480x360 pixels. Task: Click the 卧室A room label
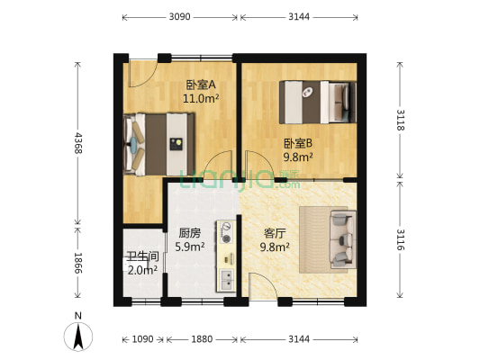198,85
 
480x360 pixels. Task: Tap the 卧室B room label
298,143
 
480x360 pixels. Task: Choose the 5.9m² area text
190,245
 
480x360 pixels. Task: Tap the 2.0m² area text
142,268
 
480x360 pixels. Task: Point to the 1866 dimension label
77,267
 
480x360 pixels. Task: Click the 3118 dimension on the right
401,119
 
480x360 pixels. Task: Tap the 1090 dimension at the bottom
142,339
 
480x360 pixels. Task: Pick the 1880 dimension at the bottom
203,339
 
